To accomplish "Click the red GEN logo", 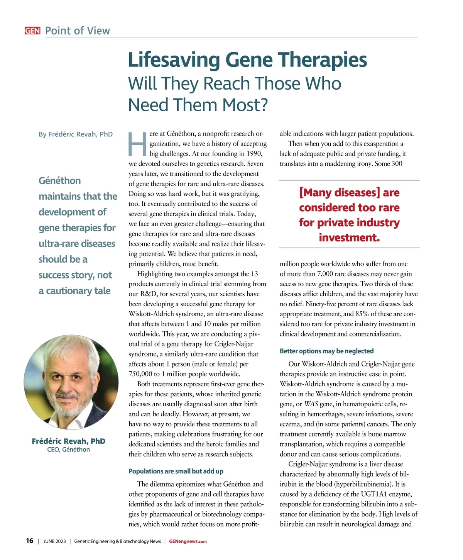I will pyautogui.click(x=32, y=31).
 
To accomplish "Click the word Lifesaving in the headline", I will pyautogui.click(x=174, y=60).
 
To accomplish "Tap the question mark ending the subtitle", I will pyautogui.click(x=264, y=105).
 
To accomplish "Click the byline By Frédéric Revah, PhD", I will pyautogui.click(x=76, y=134).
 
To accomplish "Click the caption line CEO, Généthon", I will pyautogui.click(x=68, y=450).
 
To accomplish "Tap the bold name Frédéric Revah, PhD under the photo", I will pyautogui.click(x=68, y=441).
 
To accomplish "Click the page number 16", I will pyautogui.click(x=30, y=541).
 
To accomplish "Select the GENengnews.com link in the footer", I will pyautogui.click(x=188, y=541).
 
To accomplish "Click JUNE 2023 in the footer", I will pyautogui.click(x=54, y=541).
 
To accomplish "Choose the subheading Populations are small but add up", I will pyautogui.click(x=176, y=471).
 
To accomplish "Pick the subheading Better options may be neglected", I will pyautogui.click(x=326, y=351).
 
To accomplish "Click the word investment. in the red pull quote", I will pyautogui.click(x=349, y=238).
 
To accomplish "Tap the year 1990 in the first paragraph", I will pyautogui.click(x=253, y=154).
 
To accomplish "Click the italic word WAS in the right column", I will pyautogui.click(x=311, y=404).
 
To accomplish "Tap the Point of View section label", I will pyautogui.click(x=77, y=31).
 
